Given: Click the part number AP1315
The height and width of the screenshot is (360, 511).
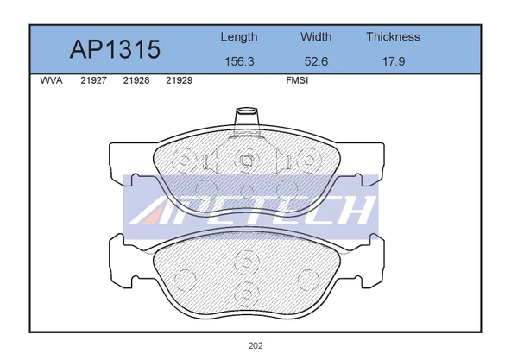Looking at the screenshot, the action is (x=115, y=49).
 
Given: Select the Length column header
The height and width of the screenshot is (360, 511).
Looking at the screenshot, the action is (x=239, y=37).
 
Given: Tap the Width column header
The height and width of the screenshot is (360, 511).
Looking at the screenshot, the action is (x=316, y=37).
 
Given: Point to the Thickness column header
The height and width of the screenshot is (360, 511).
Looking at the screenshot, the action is (x=393, y=37).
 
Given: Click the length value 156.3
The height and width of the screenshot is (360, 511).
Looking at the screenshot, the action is (x=239, y=61).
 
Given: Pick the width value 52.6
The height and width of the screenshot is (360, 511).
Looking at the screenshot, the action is (x=316, y=61).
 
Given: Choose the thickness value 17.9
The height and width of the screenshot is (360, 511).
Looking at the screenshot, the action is (x=394, y=61).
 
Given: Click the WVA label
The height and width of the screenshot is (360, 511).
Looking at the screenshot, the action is (x=51, y=80).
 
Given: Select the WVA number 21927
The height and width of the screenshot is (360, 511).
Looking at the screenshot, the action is (x=93, y=80).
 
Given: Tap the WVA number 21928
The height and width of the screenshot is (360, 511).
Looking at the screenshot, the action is (x=136, y=80).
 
